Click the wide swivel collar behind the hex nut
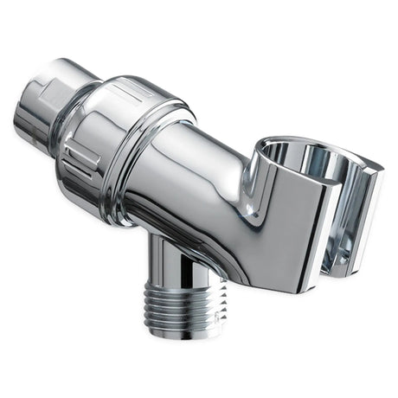point(117,130)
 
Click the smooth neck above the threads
point(173,255)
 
